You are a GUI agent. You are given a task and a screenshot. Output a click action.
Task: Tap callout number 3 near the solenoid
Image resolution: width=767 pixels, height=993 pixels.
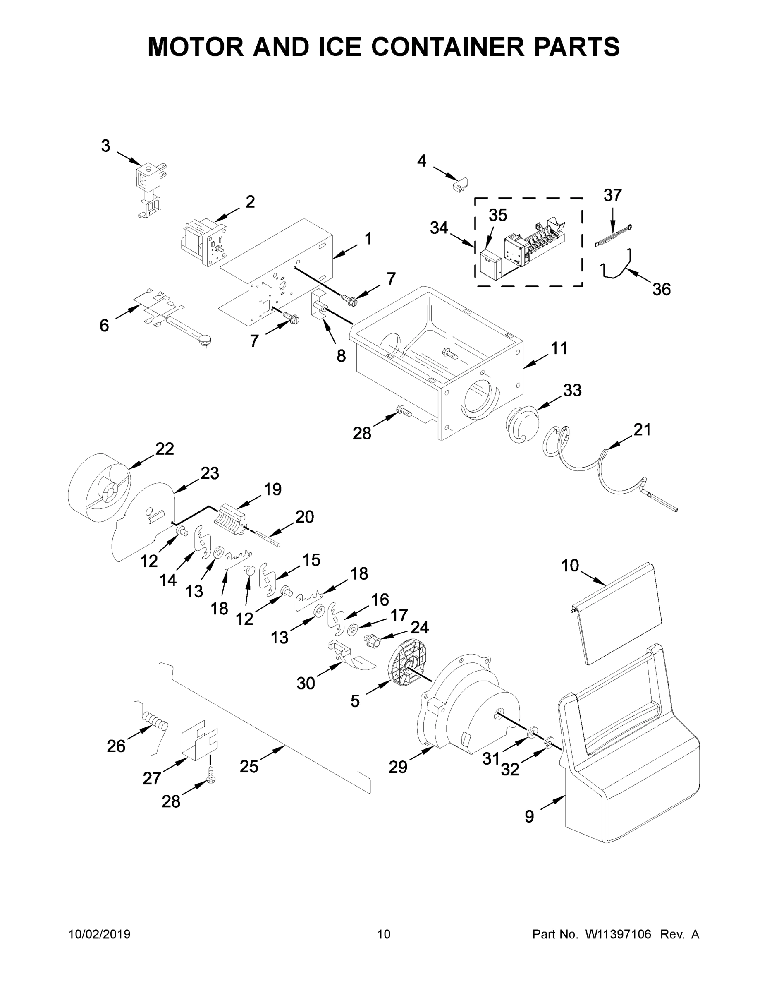pos(105,146)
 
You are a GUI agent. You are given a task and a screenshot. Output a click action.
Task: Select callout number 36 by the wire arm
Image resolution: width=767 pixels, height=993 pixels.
pos(661,289)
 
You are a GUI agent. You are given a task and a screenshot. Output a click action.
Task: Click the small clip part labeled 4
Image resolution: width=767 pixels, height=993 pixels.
pos(461,184)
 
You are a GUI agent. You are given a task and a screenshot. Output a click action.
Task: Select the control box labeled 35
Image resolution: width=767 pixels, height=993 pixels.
pos(490,266)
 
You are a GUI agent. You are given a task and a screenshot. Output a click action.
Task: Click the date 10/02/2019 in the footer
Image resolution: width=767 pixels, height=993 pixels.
pos(100,934)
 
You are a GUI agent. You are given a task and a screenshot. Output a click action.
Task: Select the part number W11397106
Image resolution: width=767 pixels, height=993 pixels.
pos(618,934)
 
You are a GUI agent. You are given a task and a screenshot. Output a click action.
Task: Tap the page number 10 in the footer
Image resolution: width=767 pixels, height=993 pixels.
pos(384,934)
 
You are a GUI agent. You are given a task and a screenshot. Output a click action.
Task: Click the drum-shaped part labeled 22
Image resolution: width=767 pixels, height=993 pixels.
pos(98,488)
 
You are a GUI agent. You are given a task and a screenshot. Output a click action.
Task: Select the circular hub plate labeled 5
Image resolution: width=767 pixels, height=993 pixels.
pos(407,667)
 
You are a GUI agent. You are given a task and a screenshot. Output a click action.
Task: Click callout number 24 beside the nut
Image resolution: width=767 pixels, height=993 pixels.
pos(419,627)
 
